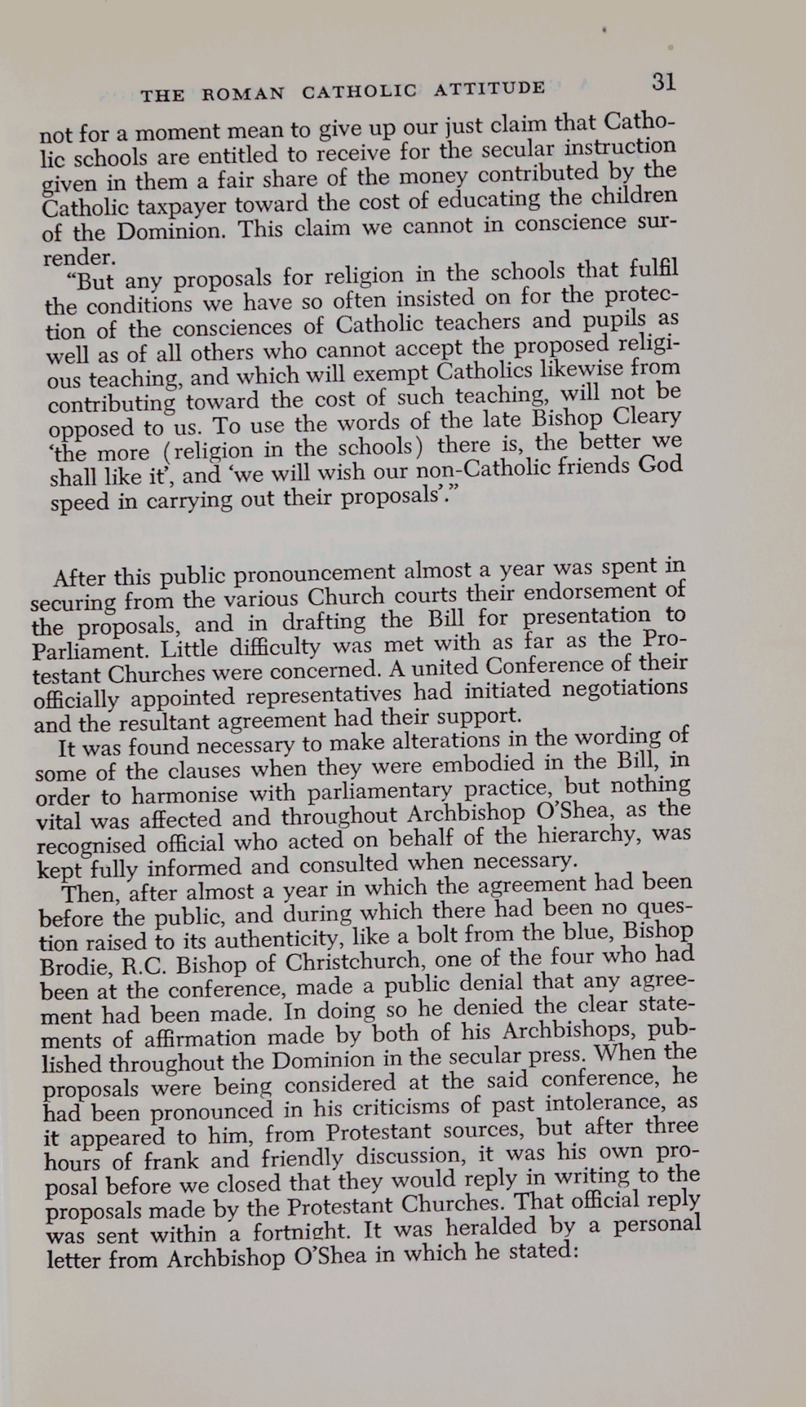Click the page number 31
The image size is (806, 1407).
[x=663, y=81]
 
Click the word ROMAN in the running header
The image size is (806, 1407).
[x=243, y=94]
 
